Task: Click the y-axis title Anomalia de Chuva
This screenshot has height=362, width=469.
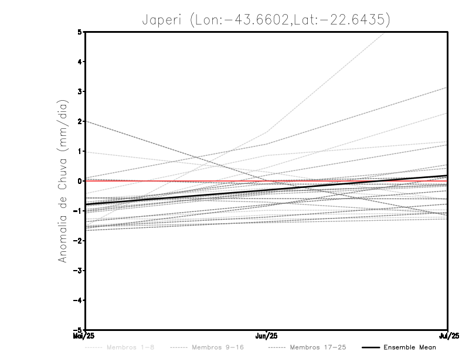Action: pos(63,181)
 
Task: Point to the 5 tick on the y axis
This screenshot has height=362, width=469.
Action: pos(80,32)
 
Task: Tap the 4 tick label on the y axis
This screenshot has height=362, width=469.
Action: pos(80,62)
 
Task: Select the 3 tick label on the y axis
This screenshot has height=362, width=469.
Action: pos(80,91)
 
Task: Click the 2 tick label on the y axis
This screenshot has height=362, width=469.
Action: pos(80,121)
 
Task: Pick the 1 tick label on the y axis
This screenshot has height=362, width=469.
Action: pos(80,151)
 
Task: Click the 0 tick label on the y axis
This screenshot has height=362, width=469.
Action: pos(80,181)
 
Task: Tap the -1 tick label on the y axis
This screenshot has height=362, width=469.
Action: pos(79,211)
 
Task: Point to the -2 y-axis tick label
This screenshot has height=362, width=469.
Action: pos(79,241)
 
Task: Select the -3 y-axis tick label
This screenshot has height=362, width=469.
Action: pos(79,271)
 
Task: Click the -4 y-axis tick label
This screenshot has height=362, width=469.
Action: pos(79,300)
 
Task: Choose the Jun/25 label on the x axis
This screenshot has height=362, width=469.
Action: pos(267,336)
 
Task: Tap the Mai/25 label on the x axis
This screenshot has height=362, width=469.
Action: pos(84,336)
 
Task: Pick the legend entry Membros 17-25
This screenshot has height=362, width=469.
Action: pos(318,348)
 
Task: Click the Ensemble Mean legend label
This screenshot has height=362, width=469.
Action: pos(409,348)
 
